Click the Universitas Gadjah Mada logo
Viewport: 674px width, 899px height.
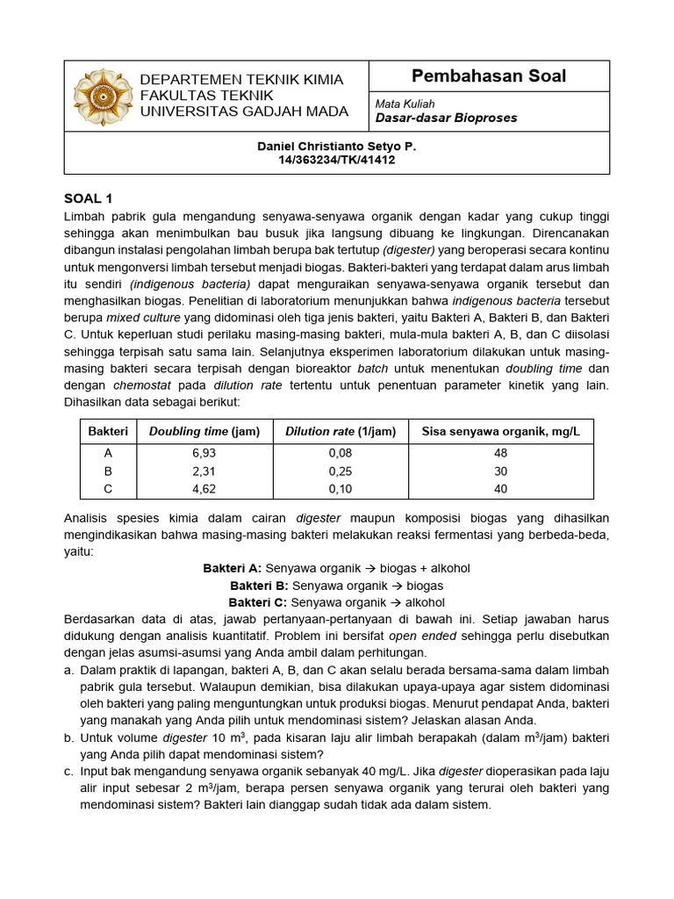click(103, 97)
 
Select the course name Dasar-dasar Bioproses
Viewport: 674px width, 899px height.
click(446, 118)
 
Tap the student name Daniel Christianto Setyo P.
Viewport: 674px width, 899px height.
click(337, 147)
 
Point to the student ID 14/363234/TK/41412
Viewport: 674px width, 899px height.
click(337, 161)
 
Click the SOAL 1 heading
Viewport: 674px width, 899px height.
click(89, 198)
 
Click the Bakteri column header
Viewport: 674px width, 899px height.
click(108, 431)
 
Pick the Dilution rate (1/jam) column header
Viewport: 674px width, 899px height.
click(341, 431)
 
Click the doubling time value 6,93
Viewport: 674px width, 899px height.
click(204, 453)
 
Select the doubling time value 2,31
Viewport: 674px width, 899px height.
click(204, 471)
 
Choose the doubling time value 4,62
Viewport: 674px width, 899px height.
click(204, 488)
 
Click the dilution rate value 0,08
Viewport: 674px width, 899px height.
click(341, 453)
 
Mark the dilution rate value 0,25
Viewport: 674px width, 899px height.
click(341, 471)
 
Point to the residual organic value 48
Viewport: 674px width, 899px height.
click(500, 453)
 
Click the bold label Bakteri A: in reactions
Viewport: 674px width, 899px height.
click(233, 569)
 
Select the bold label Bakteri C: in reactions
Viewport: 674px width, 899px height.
click(258, 602)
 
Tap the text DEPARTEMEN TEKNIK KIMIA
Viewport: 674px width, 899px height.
click(241, 80)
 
